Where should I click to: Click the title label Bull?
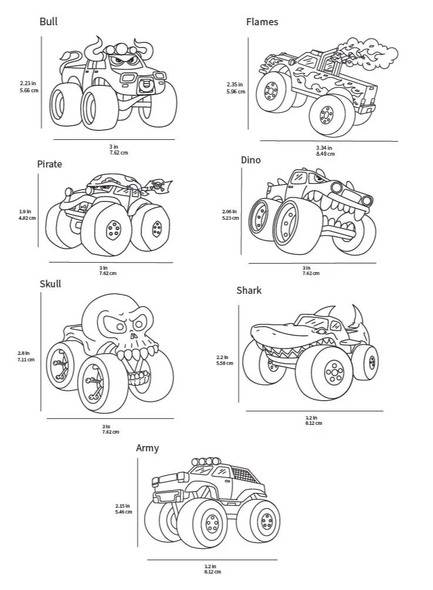click(x=48, y=22)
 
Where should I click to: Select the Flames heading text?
click(x=262, y=22)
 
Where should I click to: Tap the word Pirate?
click(x=49, y=164)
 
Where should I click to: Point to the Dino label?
click(x=251, y=160)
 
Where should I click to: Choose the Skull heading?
click(x=50, y=284)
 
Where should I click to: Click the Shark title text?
click(x=249, y=290)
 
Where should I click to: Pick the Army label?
click(x=147, y=448)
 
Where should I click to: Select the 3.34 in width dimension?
click(x=324, y=147)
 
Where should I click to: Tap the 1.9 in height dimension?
click(x=25, y=212)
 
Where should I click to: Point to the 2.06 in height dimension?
click(x=230, y=212)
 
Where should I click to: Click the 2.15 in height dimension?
click(x=123, y=505)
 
